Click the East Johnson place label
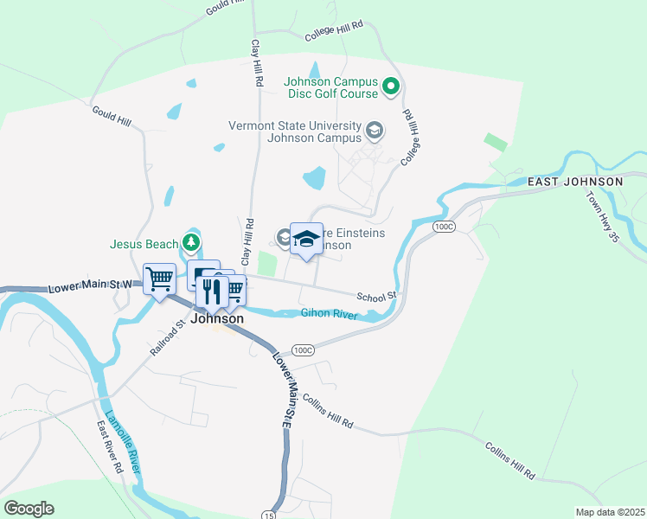coord(575,182)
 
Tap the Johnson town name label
coord(217,318)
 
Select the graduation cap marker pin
coord(306,239)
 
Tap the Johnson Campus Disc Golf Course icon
coord(391,86)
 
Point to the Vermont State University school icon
coord(374,131)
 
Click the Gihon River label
coord(329,314)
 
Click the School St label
coord(376,296)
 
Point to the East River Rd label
coord(110,446)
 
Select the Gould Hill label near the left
coord(112,116)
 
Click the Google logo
coord(29,509)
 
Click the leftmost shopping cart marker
coord(160,279)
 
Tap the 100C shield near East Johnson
coord(444,227)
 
